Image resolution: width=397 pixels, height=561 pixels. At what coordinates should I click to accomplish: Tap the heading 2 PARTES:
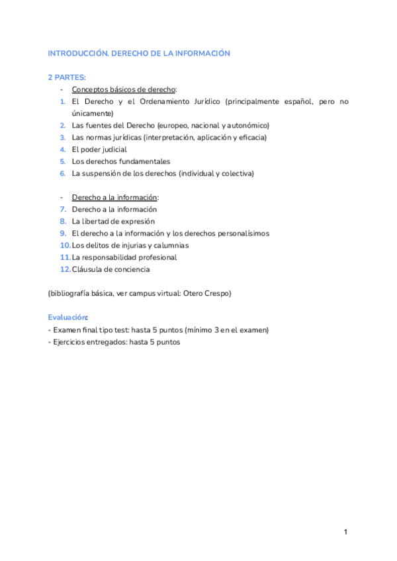(x=66, y=77)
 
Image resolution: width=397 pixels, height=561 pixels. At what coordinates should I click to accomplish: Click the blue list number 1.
(x=62, y=101)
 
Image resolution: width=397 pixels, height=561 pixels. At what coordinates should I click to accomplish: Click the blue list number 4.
(x=62, y=150)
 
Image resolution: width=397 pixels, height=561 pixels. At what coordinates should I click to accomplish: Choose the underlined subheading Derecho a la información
(x=114, y=197)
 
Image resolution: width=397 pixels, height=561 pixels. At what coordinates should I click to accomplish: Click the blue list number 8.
(x=62, y=221)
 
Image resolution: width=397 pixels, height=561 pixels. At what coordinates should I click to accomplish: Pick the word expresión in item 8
(x=139, y=221)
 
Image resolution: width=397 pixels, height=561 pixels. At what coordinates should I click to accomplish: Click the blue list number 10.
(x=64, y=245)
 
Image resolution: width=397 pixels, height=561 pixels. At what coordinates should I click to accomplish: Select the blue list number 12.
(x=64, y=269)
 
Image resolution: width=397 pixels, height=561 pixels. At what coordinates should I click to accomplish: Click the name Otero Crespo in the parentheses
(x=208, y=293)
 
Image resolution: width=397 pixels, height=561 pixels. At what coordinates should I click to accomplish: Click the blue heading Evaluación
(x=67, y=317)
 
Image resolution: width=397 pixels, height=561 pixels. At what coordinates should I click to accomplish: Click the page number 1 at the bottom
(x=345, y=532)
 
